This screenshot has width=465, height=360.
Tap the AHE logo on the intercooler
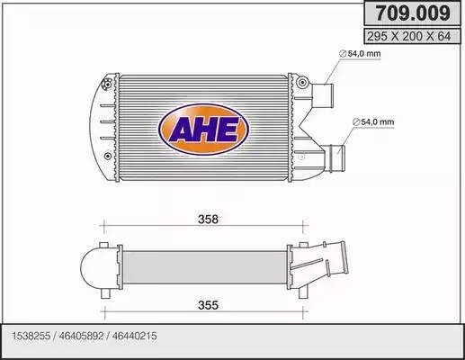tap(203, 127)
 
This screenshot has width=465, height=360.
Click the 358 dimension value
tap(209, 219)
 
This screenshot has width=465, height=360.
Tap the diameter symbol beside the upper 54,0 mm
tap(344, 54)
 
